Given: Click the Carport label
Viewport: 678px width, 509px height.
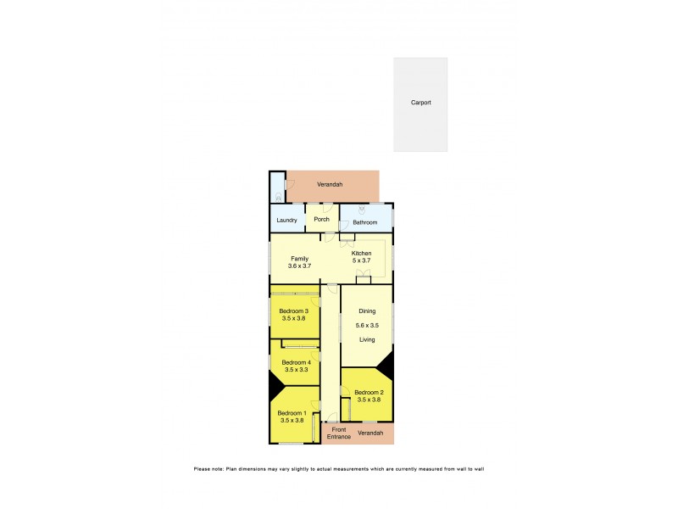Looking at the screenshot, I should pyautogui.click(x=420, y=103).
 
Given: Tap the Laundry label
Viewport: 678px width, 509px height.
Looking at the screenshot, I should pyautogui.click(x=286, y=221).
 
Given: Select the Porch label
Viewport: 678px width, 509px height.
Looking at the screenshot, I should pyautogui.click(x=321, y=220).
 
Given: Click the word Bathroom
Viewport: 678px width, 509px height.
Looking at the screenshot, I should pyautogui.click(x=365, y=222).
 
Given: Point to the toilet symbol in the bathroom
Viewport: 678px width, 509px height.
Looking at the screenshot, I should pyautogui.click(x=362, y=209).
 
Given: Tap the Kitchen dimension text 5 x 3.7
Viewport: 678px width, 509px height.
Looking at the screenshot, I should pyautogui.click(x=362, y=261).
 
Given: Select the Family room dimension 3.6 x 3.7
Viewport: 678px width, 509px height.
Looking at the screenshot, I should pyautogui.click(x=300, y=266).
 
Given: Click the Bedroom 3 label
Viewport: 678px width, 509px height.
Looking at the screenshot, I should pyautogui.click(x=296, y=311).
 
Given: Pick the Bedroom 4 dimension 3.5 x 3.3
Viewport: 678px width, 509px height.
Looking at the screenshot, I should pyautogui.click(x=296, y=370).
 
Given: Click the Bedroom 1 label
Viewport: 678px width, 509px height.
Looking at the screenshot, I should pyautogui.click(x=292, y=413).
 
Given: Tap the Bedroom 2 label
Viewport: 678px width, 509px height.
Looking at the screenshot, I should pyautogui.click(x=370, y=392).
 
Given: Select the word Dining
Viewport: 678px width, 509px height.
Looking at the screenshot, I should pyautogui.click(x=366, y=311).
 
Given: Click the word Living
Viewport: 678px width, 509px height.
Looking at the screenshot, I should pyautogui.click(x=366, y=339).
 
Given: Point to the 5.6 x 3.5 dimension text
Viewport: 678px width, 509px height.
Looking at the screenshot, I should pyautogui.click(x=366, y=326).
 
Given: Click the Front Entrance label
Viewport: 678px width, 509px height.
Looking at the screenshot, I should pyautogui.click(x=339, y=433).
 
